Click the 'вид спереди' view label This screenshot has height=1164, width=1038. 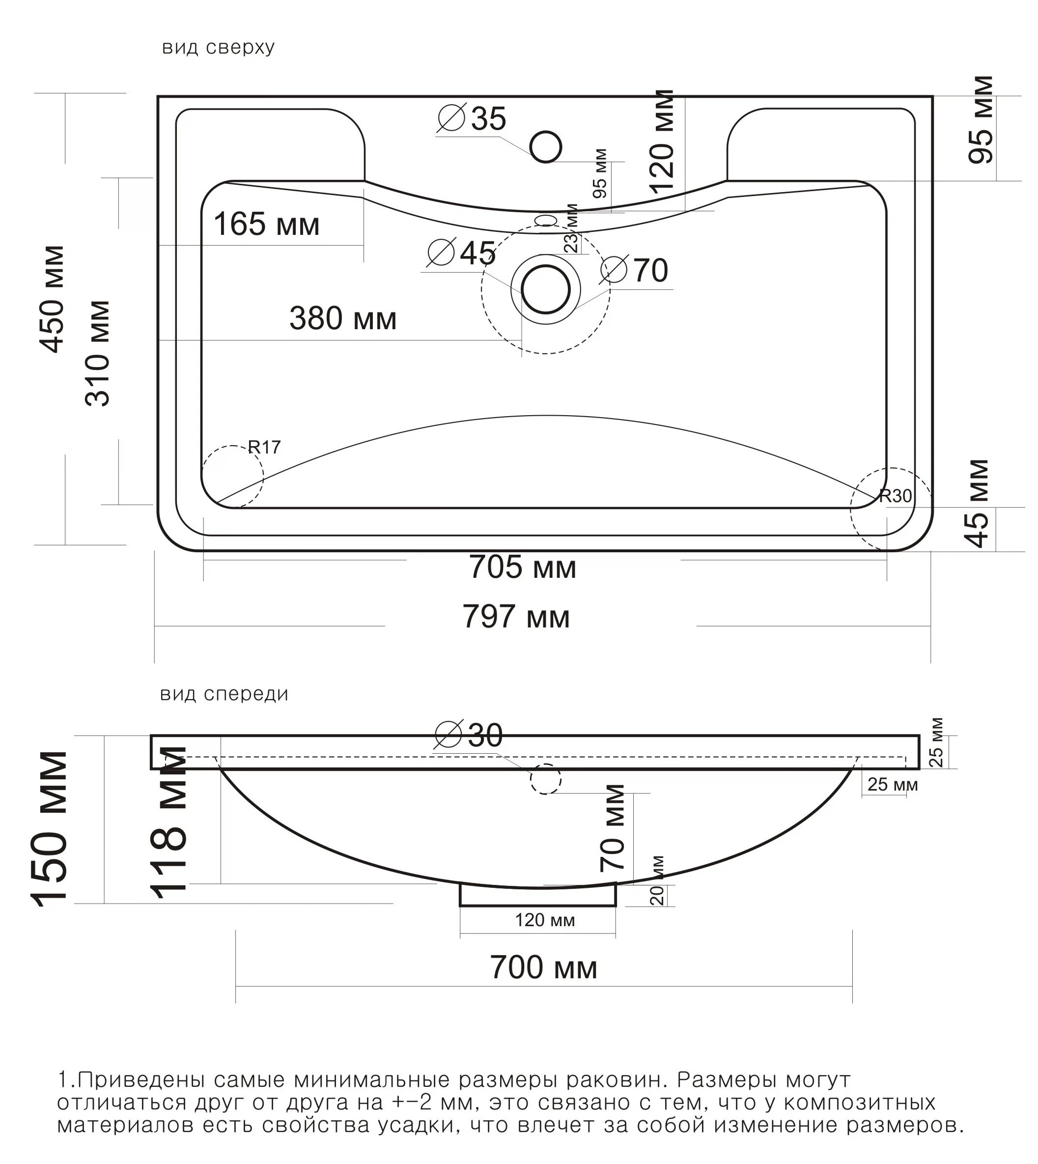tap(224, 694)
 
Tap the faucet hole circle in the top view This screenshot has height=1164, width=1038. tap(545, 146)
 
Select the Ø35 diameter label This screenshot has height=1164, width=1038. tap(472, 119)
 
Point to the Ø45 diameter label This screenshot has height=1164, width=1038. tap(462, 253)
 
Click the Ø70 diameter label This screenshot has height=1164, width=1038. tap(634, 270)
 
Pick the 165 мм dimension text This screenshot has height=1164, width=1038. tap(266, 224)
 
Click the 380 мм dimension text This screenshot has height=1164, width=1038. tap(343, 318)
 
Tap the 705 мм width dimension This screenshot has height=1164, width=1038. tap(522, 568)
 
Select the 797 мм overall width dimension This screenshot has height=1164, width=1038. tap(516, 617)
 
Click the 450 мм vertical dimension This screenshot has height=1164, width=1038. tap(53, 299)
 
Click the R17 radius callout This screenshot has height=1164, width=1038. tap(264, 447)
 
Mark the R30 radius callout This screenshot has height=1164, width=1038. tap(895, 496)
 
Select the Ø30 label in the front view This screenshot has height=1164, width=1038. tap(469, 735)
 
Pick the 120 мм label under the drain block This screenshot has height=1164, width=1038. tap(545, 920)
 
